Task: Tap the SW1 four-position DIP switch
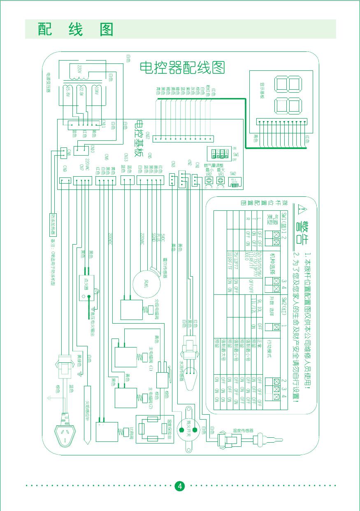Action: click(x=218, y=154)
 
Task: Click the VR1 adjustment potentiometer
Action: click(x=221, y=180)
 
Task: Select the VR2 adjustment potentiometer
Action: click(x=209, y=180)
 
